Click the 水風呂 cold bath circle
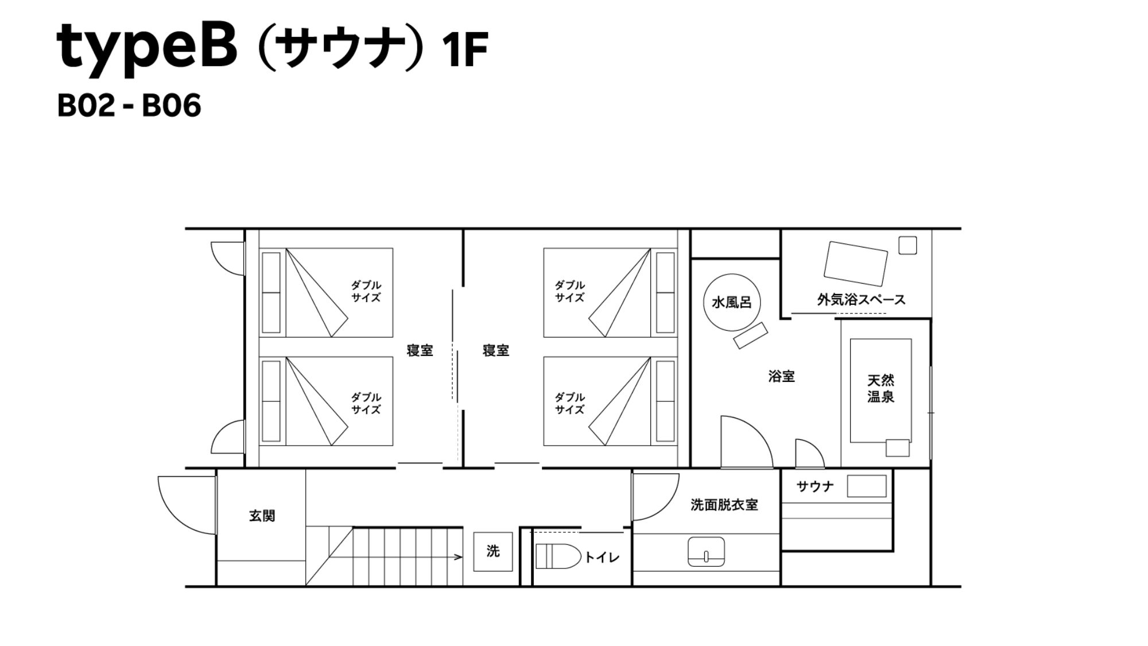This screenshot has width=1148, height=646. point(732,301)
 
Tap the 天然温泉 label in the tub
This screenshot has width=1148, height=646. point(881,388)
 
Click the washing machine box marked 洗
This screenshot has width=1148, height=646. point(493,551)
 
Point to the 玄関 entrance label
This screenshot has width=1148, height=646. point(262,516)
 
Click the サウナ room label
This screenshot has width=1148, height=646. point(815,486)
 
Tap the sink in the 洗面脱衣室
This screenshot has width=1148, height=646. point(706,552)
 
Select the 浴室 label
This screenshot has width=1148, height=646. point(781,377)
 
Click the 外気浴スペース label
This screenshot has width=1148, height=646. point(861,299)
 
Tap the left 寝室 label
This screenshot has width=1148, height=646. point(420,350)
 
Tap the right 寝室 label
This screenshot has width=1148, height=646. point(496,350)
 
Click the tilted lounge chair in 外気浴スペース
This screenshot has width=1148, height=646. point(855,264)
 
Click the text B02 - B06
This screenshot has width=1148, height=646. point(129,106)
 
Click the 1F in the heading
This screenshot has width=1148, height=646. point(465,51)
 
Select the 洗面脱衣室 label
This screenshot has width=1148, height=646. point(724,505)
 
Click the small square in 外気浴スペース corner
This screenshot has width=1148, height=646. point(907,245)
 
